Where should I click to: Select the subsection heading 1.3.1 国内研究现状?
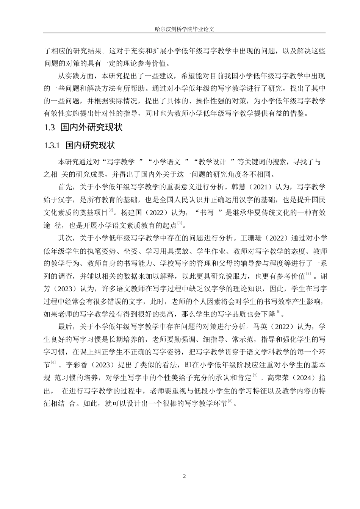coord(79,145)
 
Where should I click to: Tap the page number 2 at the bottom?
coord(185,476)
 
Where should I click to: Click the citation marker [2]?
coord(111,211)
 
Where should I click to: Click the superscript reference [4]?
coord(309,274)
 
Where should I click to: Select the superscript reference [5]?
coord(278,312)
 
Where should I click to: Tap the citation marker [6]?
coord(53,363)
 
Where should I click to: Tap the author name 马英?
coord(261,327)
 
